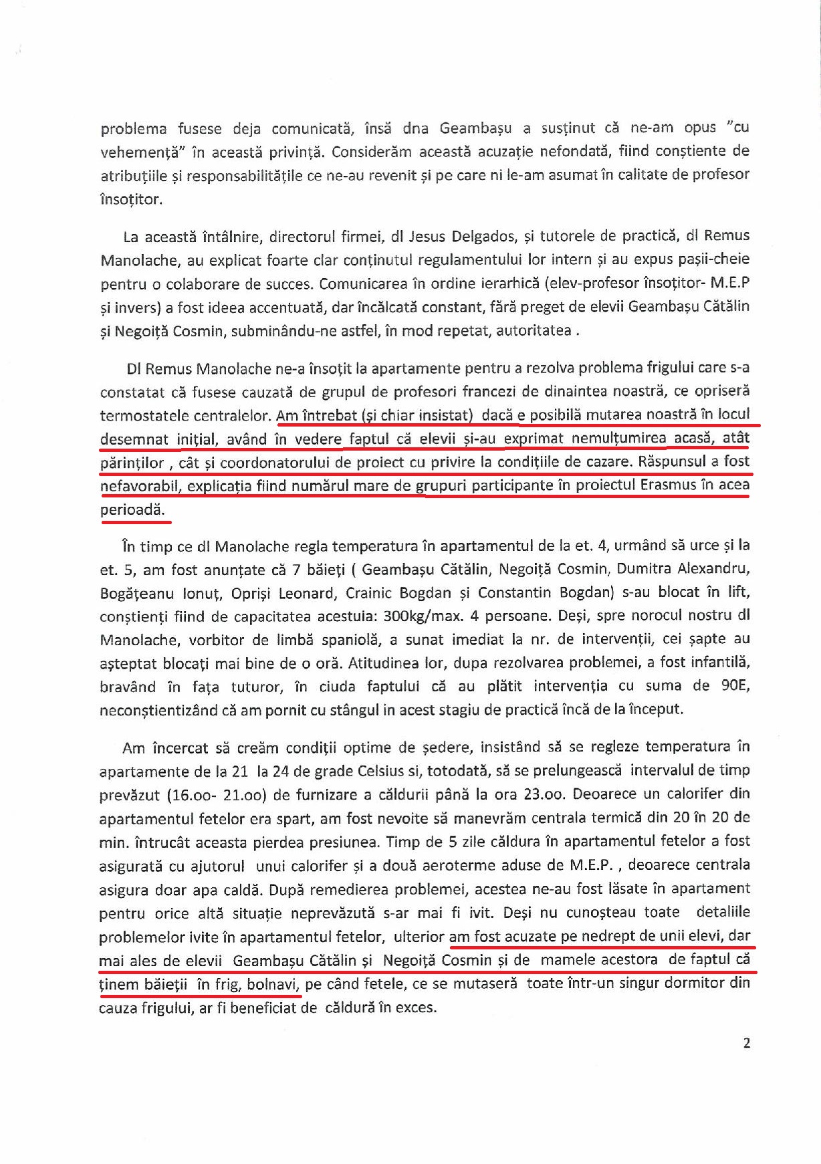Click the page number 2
click(x=746, y=1043)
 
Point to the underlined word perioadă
click(x=132, y=509)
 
